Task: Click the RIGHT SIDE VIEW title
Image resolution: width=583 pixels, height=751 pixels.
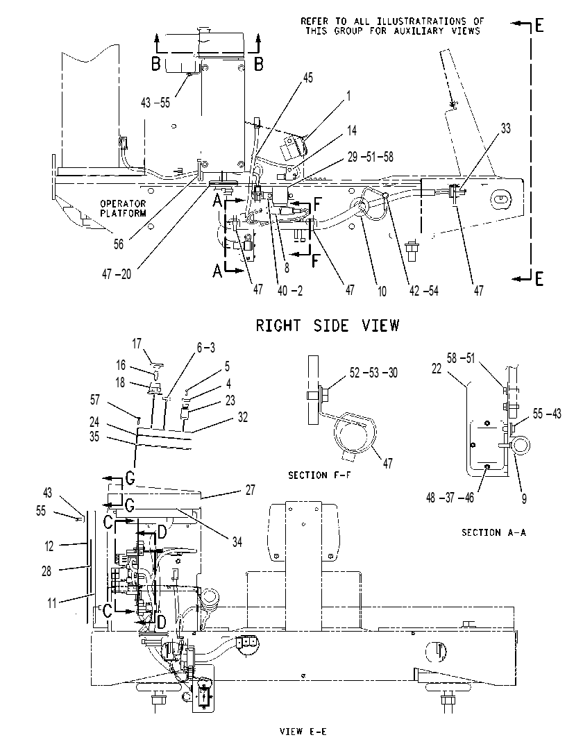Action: click(x=327, y=326)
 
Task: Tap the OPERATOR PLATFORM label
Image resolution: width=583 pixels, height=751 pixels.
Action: click(x=123, y=208)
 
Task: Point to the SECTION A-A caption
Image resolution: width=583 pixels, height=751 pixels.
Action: click(x=493, y=532)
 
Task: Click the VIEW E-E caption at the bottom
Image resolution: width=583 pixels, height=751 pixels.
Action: click(x=303, y=732)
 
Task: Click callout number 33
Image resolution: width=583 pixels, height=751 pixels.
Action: click(x=506, y=128)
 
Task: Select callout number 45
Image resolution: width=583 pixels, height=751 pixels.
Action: click(x=308, y=78)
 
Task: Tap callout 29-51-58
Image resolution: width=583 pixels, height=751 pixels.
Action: click(x=371, y=157)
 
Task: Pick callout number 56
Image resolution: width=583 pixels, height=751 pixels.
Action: click(x=118, y=244)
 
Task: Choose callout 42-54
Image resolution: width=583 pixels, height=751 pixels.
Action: click(x=423, y=290)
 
